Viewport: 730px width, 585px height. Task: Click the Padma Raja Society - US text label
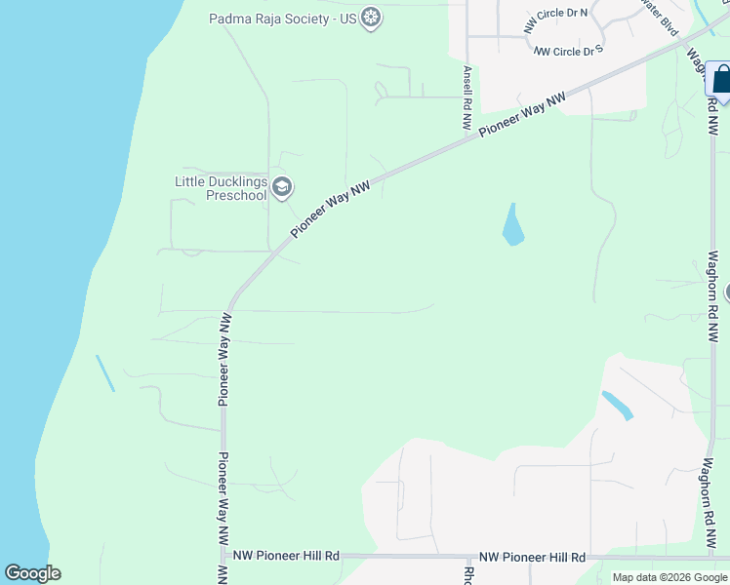(283, 18)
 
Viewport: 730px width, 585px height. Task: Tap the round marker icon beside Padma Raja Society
(370, 18)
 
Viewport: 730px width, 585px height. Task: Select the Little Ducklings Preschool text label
(221, 187)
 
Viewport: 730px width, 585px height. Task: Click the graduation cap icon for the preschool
(282, 187)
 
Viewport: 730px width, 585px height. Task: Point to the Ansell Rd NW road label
(467, 99)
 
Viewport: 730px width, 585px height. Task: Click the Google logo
(32, 573)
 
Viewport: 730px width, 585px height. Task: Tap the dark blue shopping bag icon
(720, 78)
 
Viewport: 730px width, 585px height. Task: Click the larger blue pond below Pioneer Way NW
(512, 226)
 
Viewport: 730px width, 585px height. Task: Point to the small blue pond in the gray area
(617, 405)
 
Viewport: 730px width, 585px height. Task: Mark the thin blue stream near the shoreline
(104, 373)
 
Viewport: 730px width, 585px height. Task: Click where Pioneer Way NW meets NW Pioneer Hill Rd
(223, 556)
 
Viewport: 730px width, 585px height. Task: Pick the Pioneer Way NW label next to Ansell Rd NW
(522, 116)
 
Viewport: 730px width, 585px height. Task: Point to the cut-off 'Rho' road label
(468, 575)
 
